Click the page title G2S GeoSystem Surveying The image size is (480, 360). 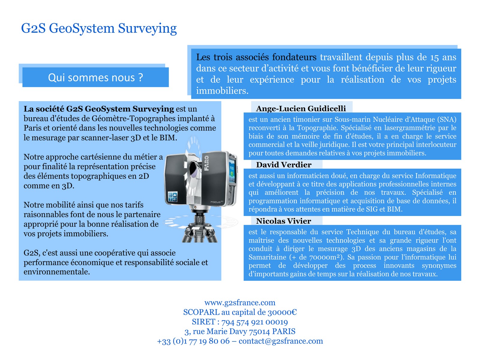pos(99,28)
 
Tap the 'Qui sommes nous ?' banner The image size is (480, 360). pos(95,77)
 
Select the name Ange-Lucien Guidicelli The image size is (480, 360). pos(301,109)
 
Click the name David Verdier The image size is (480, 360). pos(283,165)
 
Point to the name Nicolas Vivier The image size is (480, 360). pos(283,221)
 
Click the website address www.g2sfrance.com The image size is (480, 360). pos(240,302)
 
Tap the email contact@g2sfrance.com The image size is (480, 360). pos(281,341)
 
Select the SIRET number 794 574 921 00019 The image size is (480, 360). pos(254,322)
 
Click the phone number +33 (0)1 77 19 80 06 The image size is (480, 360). pos(193,341)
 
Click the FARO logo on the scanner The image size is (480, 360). pos(206,163)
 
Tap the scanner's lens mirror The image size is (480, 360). pos(193,169)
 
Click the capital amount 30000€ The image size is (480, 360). pos(282,312)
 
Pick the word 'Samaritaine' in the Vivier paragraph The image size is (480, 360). pos(267,257)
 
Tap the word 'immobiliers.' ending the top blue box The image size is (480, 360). pos(222,91)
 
